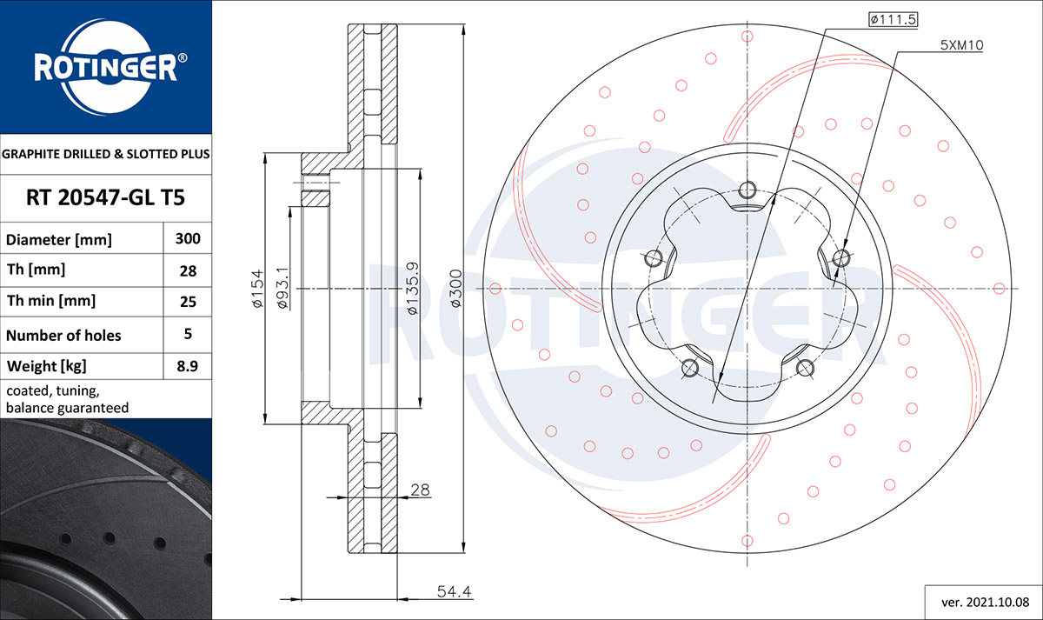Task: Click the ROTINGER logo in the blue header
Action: pos(110,67)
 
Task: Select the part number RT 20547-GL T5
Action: pos(106,197)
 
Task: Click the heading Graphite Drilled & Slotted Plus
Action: pos(106,154)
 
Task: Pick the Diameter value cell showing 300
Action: pos(188,238)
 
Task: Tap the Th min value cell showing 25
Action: pos(188,302)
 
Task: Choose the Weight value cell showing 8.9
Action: pos(188,366)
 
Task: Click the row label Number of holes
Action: pos(63,336)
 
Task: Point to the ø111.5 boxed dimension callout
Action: pos(894,19)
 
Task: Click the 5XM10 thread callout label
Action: pos(961,45)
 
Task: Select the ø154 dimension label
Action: pos(257,289)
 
